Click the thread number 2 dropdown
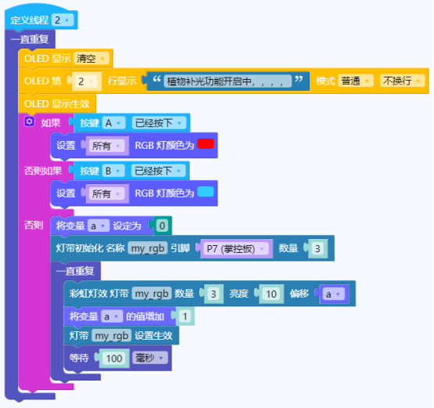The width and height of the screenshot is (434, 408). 63,20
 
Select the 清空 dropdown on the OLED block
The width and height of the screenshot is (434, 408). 91,59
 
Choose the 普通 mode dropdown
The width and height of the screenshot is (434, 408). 356,81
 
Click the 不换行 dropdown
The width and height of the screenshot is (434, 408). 402,81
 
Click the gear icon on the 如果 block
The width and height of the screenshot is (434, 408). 29,121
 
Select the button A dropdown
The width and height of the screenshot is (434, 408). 114,123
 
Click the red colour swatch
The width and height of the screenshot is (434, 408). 206,144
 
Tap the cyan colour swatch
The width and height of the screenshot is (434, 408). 206,192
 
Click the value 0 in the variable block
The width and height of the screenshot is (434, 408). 162,226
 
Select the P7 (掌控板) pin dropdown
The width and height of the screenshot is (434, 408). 235,249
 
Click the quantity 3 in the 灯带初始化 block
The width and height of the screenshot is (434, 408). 317,249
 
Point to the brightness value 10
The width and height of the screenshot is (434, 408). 271,294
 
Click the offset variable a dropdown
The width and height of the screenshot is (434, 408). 333,294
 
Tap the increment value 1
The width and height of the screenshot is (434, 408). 185,316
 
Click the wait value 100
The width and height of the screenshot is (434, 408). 114,358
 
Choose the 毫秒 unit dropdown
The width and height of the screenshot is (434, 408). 150,358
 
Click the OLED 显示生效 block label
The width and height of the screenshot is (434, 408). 56,104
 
